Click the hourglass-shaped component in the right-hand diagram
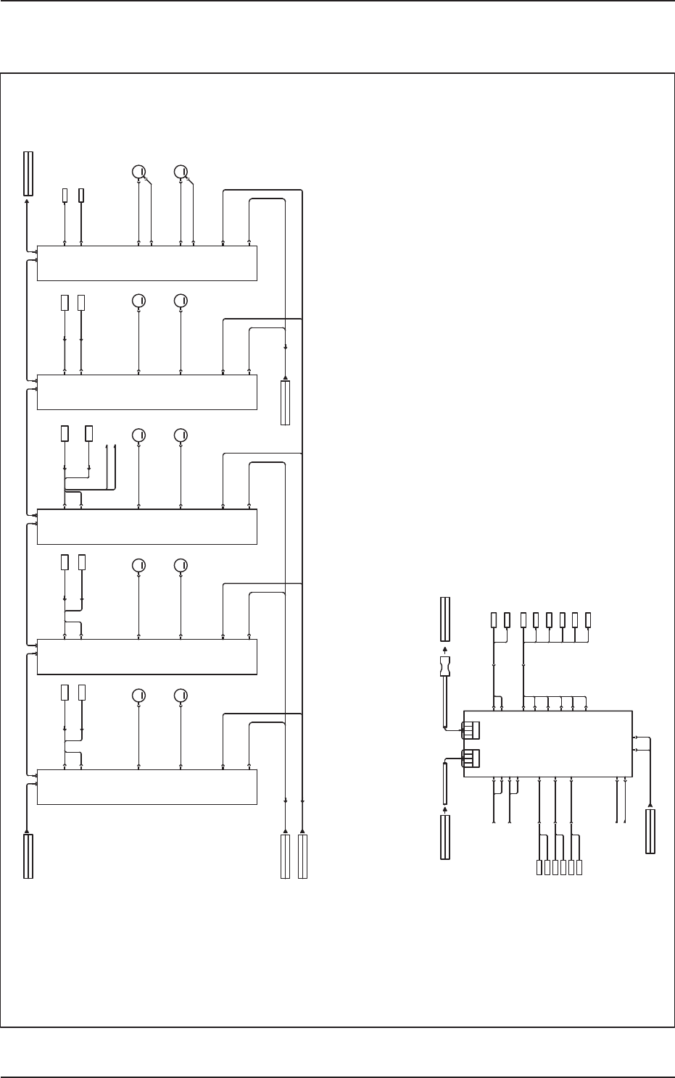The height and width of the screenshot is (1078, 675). click(445, 667)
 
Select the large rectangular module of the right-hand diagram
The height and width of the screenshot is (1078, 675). click(547, 744)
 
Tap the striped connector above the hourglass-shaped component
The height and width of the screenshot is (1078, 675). click(445, 619)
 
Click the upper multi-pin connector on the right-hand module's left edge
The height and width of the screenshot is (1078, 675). click(471, 730)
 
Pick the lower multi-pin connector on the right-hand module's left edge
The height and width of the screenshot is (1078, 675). click(471, 758)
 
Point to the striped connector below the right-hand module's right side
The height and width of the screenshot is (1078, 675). click(650, 832)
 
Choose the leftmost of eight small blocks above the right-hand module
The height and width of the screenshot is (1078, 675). click(494, 620)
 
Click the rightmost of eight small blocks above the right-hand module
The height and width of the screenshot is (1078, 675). click(588, 620)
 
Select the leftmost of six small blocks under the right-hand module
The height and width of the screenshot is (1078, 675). click(539, 867)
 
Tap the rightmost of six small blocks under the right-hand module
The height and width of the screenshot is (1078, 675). click(580, 867)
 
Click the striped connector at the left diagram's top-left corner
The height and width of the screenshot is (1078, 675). click(28, 174)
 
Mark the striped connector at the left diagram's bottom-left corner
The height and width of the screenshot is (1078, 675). click(28, 856)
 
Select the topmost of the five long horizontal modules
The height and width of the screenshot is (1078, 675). click(146, 263)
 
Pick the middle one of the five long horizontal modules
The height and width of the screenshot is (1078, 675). click(146, 526)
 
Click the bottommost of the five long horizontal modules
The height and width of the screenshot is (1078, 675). click(146, 787)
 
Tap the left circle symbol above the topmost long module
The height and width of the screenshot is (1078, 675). click(138, 172)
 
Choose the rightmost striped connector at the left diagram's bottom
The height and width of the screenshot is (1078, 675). click(302, 856)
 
